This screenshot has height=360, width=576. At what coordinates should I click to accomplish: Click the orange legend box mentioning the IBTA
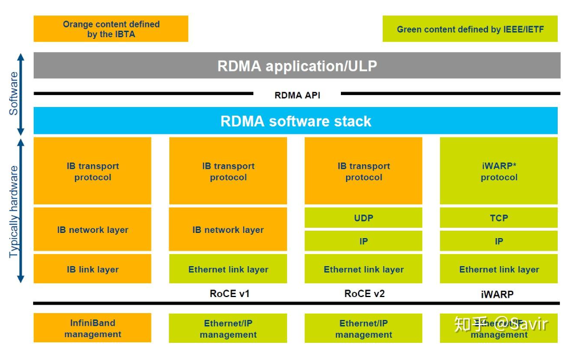(111, 29)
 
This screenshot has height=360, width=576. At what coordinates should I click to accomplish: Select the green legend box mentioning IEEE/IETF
(470, 29)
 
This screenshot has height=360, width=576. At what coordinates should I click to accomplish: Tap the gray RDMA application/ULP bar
(297, 66)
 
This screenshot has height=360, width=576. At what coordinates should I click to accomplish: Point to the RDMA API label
(297, 95)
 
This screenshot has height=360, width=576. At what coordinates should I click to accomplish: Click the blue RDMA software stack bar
(296, 121)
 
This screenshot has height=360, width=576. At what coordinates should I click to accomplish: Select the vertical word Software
(14, 93)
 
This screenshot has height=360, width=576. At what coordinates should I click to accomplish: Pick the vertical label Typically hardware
(14, 212)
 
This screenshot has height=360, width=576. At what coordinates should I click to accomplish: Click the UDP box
(363, 218)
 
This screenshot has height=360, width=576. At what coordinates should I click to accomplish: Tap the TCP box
(499, 218)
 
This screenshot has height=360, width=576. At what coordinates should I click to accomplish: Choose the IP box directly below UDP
(363, 242)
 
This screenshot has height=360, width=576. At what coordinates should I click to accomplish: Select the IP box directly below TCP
(499, 242)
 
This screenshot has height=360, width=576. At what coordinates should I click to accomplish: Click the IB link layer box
(93, 269)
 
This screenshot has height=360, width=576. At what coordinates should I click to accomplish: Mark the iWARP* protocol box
(499, 171)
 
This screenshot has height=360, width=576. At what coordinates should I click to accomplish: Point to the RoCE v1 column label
(229, 294)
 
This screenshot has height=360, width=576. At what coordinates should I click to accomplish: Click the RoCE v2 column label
(364, 294)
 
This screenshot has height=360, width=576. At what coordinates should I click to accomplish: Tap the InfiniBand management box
(93, 329)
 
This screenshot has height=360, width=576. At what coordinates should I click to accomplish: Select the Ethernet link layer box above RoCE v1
(228, 269)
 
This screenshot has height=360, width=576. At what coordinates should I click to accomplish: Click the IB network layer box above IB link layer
(93, 230)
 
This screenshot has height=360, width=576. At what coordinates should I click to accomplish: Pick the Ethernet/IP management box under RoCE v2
(363, 329)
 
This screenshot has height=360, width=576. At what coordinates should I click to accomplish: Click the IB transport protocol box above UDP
(363, 171)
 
